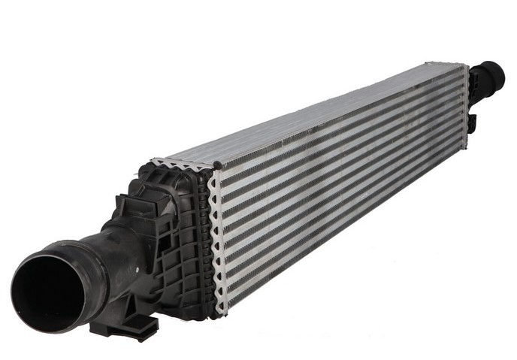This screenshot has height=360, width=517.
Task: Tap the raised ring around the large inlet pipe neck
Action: pos(98,262)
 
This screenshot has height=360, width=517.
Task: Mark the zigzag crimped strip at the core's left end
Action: pos(219,241)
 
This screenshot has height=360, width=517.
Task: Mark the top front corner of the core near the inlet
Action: pos(214,167)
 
